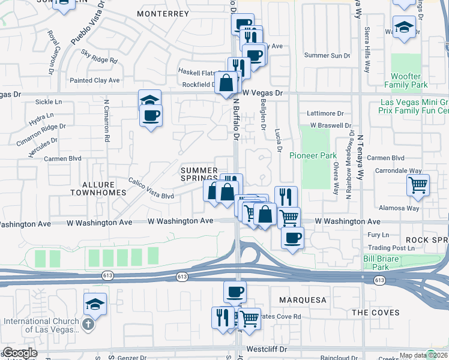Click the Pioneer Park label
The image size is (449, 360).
(313, 155)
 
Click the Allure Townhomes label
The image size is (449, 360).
(98, 188)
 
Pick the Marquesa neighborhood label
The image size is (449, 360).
(303, 299)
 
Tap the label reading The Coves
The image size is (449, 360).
(375, 313)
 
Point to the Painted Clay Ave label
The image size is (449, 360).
(95, 80)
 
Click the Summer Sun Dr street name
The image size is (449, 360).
(327, 56)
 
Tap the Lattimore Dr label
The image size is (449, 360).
(325, 113)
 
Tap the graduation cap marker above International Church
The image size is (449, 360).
(95, 304)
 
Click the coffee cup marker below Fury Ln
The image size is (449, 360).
(292, 238)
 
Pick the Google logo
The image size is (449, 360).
(20, 353)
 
